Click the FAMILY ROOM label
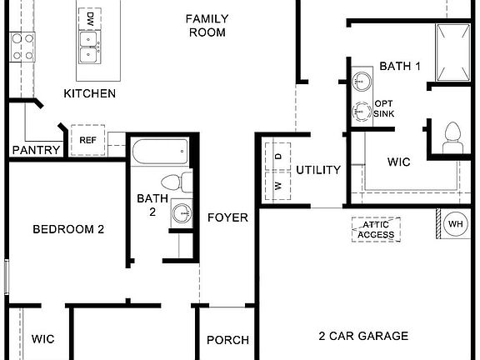point(207,25)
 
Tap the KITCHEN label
point(89,93)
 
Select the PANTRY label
point(36,150)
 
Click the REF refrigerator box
point(87,140)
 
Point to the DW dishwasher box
point(89,16)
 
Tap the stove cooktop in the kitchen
point(22,47)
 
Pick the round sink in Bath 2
point(181,213)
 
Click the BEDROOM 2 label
point(68,229)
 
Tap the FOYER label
point(227,217)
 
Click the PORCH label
point(227,340)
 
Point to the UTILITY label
point(318,170)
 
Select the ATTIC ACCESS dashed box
point(376,230)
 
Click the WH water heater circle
point(456,224)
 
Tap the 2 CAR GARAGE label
point(363,337)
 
